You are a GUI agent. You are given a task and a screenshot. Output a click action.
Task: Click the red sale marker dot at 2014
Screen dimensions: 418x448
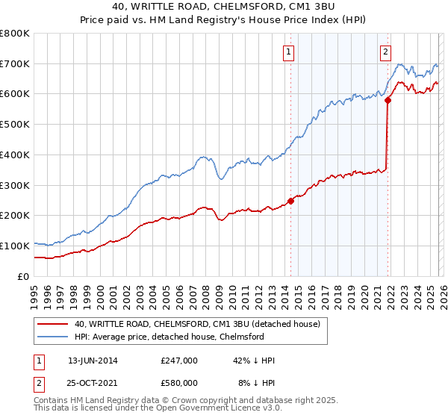coord(290,201)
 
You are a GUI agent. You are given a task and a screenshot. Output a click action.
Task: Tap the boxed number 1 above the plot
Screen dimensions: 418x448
coord(288,52)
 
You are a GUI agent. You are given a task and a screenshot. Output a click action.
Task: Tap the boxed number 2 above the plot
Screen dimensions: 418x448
coord(385,52)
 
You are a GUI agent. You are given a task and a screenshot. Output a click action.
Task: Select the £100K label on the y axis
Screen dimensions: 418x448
coord(15,246)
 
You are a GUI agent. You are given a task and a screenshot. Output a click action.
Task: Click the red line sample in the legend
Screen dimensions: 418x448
coord(54,324)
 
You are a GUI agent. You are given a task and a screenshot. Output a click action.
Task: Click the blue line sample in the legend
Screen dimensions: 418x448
coord(54,337)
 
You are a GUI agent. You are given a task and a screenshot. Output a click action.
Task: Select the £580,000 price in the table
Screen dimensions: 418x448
coord(178,383)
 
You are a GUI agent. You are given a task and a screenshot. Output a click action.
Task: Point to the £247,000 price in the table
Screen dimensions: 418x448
coord(178,361)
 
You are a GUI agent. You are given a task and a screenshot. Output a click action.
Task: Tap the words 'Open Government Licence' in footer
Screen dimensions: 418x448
coord(205,410)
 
